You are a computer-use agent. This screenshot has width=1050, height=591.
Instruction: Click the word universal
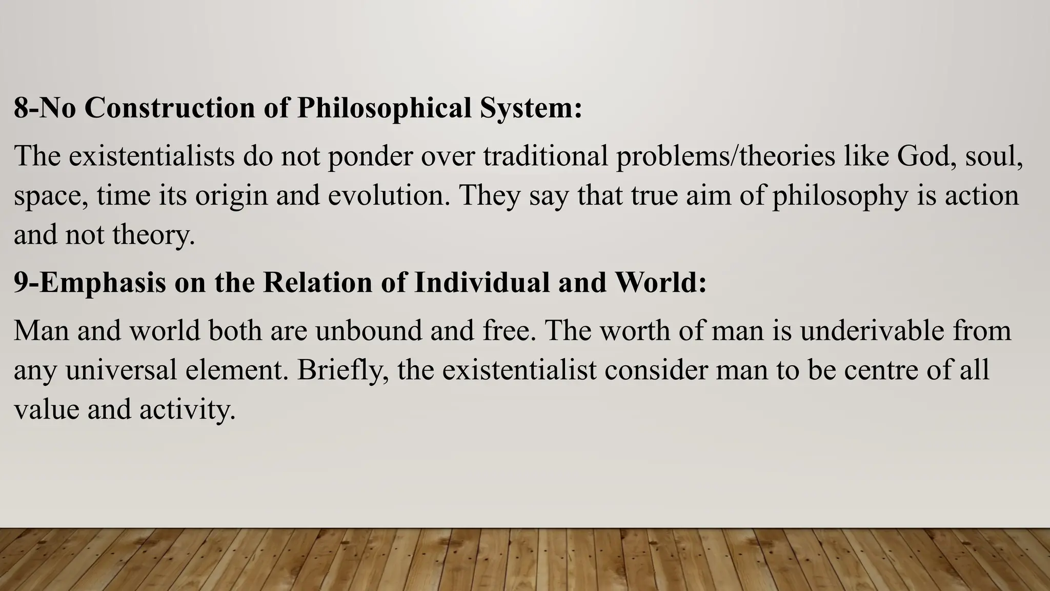click(121, 370)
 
